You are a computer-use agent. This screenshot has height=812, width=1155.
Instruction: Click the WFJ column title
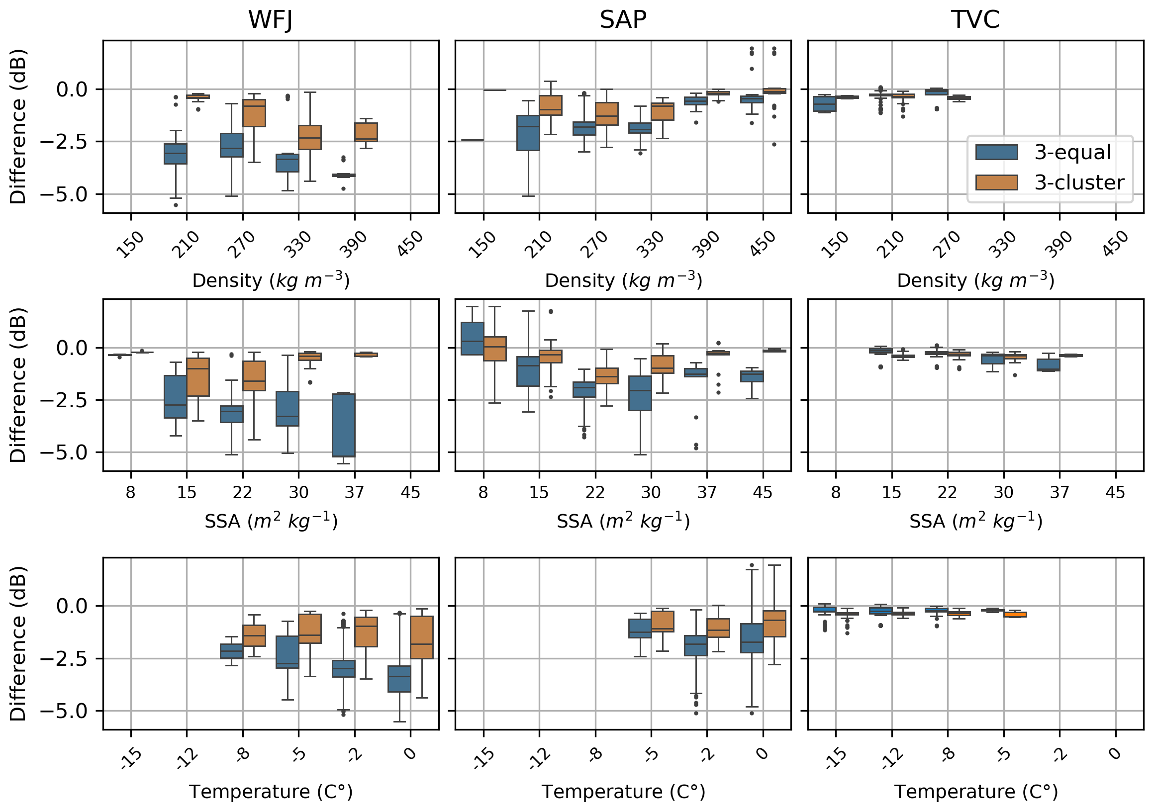270,20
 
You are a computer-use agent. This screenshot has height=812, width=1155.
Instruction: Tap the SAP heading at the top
623,20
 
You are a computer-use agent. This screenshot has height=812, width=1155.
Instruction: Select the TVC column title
975,20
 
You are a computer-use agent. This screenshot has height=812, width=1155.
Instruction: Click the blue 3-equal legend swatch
996,152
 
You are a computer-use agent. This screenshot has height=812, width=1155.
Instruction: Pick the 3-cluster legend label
1079,182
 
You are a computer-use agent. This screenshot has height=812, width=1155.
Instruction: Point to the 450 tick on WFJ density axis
410,244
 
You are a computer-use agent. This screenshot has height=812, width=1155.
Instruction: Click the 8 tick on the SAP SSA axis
483,492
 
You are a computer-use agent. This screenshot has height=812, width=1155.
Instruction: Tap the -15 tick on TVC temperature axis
836,759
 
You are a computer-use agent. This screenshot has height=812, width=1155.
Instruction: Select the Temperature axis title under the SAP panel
623,792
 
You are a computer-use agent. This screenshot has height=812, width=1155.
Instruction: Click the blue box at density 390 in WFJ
344,175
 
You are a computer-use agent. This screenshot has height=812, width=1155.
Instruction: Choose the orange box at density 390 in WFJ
366,132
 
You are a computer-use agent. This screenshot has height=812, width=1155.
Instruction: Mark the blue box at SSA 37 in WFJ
344,425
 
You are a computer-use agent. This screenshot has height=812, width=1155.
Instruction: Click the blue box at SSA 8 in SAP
473,339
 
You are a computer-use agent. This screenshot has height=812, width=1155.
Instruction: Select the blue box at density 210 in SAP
528,133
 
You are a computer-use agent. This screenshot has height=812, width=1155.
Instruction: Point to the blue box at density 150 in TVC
825,103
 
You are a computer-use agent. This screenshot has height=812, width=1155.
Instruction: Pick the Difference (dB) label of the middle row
18,385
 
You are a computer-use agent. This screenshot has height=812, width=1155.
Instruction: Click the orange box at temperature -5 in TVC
1015,615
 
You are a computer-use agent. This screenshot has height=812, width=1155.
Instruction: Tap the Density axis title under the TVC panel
975,280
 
